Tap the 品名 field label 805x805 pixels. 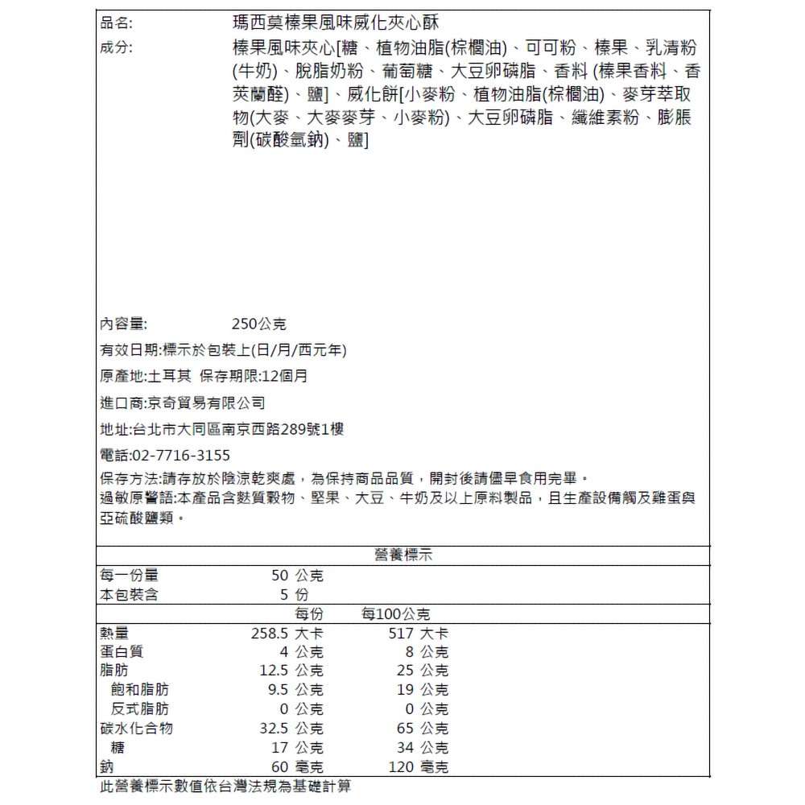116,22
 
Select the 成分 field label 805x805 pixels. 116,47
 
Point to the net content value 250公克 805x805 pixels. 258,324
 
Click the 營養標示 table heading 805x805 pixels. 404,555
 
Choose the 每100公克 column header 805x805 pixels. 395,614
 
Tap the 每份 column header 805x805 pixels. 309,614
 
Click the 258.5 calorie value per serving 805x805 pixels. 268,633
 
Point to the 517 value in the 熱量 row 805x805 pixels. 400,633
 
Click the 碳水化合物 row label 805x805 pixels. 136,728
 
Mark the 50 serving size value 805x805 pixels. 279,576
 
